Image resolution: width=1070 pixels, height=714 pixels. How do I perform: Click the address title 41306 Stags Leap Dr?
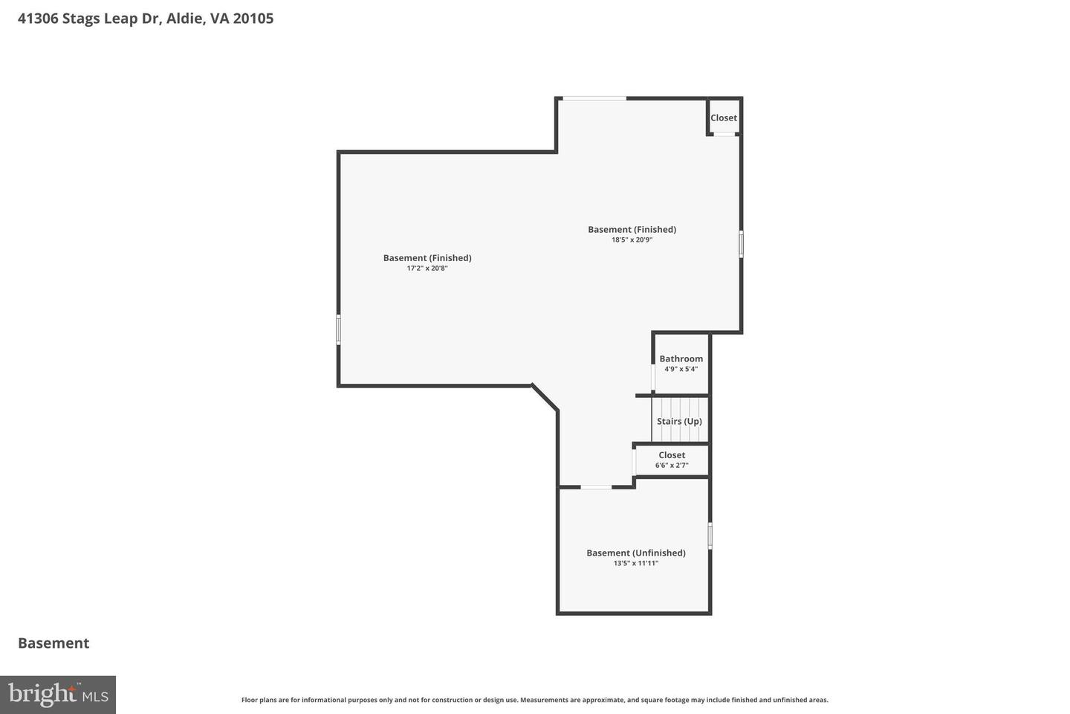click(146, 19)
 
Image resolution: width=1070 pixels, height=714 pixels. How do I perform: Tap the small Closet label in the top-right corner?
click(723, 118)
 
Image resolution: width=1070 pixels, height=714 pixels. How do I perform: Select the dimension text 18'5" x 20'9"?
click(632, 240)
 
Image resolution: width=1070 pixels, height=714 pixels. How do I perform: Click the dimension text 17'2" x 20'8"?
click(427, 268)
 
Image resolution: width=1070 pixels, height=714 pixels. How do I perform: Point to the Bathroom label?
click(681, 358)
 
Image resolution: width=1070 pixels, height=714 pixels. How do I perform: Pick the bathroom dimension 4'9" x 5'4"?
click(681, 369)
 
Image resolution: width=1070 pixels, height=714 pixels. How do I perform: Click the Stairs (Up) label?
click(679, 421)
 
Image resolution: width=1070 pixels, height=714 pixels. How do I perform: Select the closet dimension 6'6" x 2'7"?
click(672, 466)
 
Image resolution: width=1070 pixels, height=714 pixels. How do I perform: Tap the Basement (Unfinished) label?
click(635, 553)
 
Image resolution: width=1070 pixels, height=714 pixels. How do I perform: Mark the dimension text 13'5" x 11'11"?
click(635, 564)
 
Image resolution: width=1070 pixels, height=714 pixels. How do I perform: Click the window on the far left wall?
click(339, 329)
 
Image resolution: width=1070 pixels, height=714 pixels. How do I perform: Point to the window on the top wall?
click(594, 98)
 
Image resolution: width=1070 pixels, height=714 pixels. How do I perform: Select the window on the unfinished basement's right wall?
click(710, 535)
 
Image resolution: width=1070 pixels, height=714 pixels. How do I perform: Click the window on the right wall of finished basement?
click(741, 244)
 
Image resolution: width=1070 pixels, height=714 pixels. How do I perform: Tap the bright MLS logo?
click(58, 695)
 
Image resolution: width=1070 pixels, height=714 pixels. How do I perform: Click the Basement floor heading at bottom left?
click(53, 643)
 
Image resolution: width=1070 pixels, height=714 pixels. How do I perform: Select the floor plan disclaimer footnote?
click(534, 700)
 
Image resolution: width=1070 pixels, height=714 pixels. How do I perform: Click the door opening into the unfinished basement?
click(596, 487)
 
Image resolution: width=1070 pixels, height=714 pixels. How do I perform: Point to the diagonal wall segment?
click(545, 397)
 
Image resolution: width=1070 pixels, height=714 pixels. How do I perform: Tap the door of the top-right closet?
click(724, 135)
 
